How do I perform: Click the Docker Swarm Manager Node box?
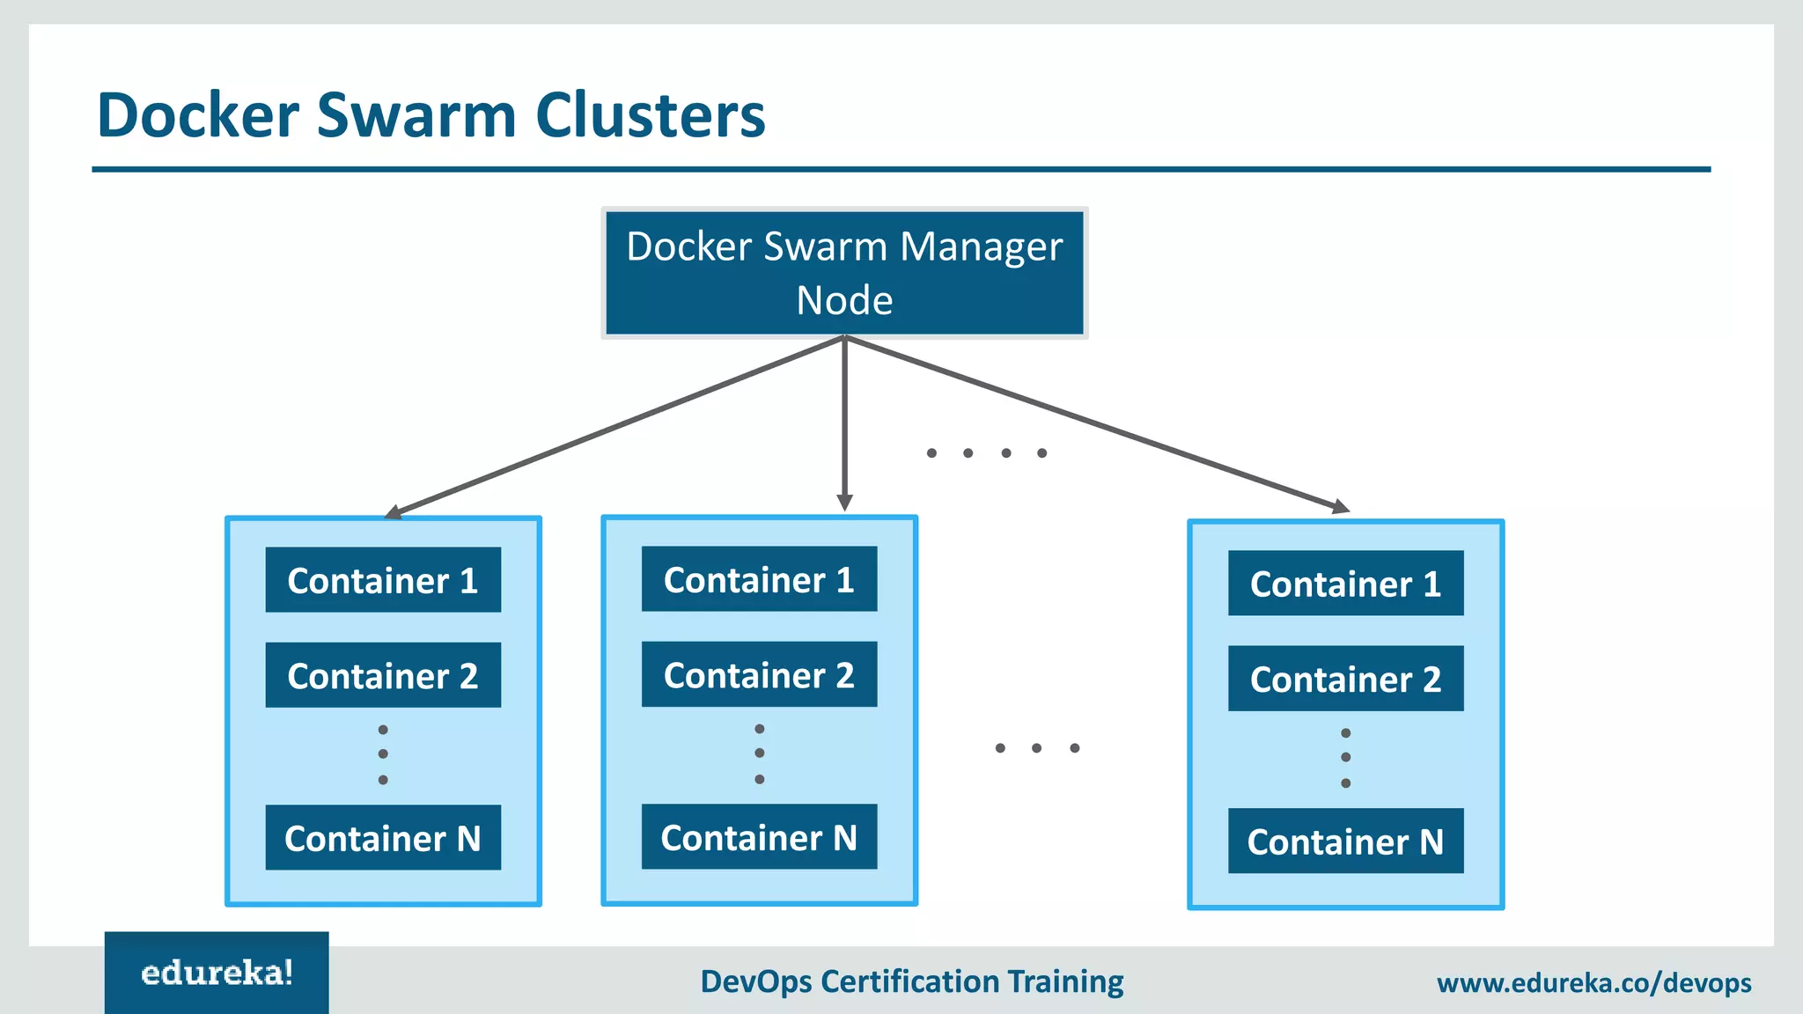844,273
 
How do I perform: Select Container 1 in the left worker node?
383,580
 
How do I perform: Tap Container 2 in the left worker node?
383,675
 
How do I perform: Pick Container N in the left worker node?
383,838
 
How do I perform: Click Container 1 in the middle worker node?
759,579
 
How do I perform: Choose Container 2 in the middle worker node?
759,674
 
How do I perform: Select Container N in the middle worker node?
759,837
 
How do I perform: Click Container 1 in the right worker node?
1345,584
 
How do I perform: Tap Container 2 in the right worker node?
1345,679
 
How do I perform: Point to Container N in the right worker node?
1345,841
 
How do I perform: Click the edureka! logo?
217,973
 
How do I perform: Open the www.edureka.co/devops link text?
1593,982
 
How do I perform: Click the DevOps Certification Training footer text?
911,981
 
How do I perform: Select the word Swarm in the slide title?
416,115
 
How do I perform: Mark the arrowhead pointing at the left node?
393,512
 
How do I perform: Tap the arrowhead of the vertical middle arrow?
844,503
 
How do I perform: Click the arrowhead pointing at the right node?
1341,507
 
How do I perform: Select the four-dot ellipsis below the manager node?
986,453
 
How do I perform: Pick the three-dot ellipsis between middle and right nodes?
1036,748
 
